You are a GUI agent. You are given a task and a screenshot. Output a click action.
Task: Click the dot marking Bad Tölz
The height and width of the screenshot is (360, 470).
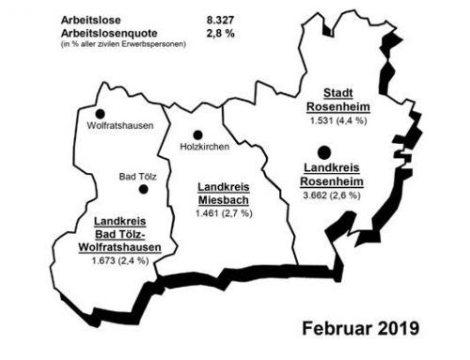point(143,188)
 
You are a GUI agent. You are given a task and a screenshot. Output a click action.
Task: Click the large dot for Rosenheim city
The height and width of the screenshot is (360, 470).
point(323,151)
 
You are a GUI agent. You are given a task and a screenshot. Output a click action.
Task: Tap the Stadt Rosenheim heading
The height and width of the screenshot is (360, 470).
point(339,101)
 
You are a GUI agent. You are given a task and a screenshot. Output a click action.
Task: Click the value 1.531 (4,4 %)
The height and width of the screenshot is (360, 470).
point(339,120)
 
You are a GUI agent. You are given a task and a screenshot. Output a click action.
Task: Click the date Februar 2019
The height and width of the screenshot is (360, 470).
point(361,330)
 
